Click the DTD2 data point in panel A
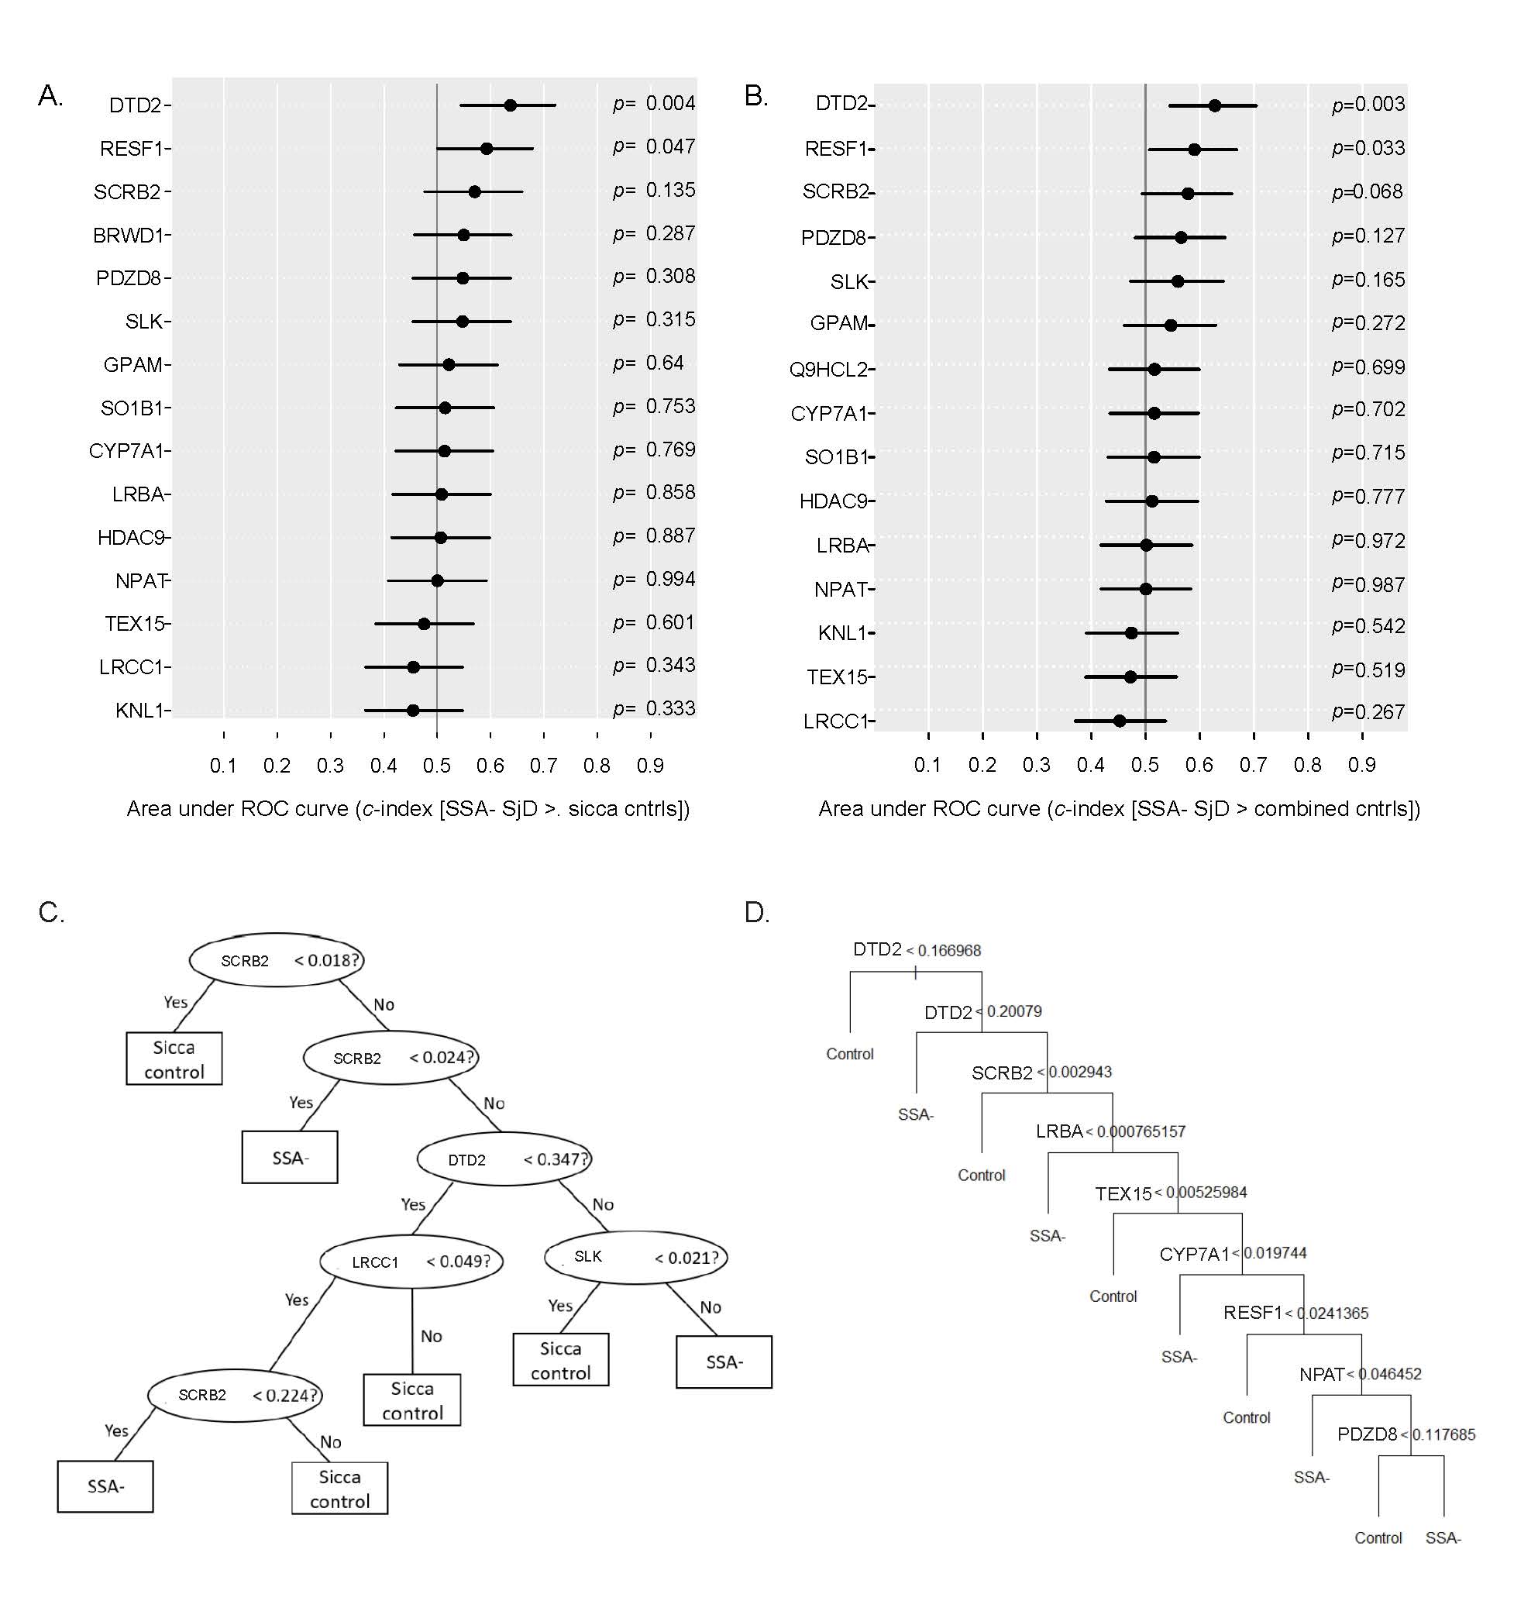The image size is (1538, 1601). tap(510, 105)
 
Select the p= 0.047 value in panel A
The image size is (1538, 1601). tap(653, 147)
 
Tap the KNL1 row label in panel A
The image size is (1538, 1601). tap(139, 711)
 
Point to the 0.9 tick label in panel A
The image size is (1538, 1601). tap(650, 766)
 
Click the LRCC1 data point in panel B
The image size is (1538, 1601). tap(1119, 721)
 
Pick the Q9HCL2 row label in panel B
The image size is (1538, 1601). tap(827, 370)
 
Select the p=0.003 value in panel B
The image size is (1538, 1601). tap(1368, 105)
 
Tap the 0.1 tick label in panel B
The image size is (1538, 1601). tap(927, 766)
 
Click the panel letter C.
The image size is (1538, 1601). tap(50, 912)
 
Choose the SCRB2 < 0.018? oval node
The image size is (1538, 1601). tap(277, 961)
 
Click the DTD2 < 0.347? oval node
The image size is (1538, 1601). tap(504, 1159)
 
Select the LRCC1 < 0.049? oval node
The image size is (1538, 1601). tap(411, 1262)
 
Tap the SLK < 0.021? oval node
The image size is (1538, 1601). tap(635, 1257)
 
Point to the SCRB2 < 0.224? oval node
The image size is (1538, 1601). tap(236, 1395)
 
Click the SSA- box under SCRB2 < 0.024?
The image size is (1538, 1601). tap(289, 1158)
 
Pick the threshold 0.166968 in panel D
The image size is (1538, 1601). tap(948, 951)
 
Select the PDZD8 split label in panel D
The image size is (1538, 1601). tap(1367, 1434)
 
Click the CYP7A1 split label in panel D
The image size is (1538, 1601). tap(1193, 1255)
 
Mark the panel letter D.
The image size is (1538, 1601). tap(756, 912)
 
